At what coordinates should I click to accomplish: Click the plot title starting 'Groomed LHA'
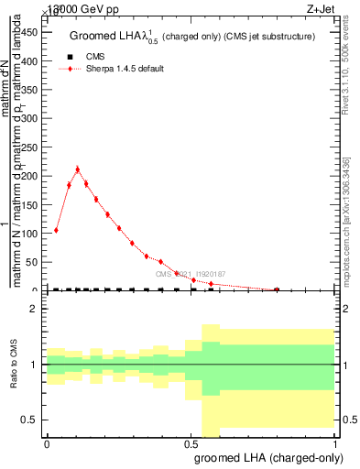[x=192, y=36]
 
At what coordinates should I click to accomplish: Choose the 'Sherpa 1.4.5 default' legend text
[x=125, y=69]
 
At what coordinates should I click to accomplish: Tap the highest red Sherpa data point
[x=78, y=169]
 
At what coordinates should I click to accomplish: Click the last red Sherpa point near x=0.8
[x=277, y=289]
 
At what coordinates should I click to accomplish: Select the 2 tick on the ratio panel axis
[x=33, y=310]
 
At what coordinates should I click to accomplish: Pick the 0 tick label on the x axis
[x=47, y=443]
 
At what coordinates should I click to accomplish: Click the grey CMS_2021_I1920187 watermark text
[x=191, y=274]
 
